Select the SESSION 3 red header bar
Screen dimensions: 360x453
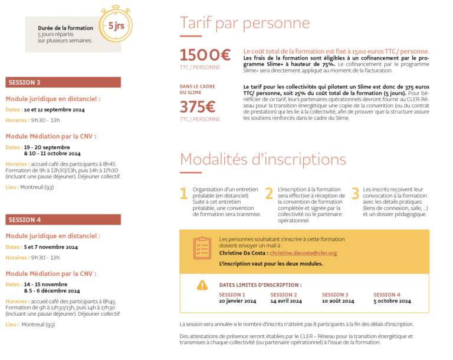63,82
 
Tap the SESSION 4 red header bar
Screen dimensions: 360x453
63,220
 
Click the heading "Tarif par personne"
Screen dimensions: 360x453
245,24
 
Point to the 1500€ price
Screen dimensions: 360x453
205,55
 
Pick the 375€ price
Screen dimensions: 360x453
198,107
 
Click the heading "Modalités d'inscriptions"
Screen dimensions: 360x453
262,159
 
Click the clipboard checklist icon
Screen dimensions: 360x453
202,248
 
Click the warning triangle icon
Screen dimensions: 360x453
202,285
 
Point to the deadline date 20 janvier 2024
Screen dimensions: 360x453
237,301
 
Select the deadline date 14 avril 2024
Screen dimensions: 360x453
286,301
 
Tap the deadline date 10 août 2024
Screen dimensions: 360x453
338,301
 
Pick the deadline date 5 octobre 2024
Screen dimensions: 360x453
392,301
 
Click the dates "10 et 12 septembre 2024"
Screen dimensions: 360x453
54,110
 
